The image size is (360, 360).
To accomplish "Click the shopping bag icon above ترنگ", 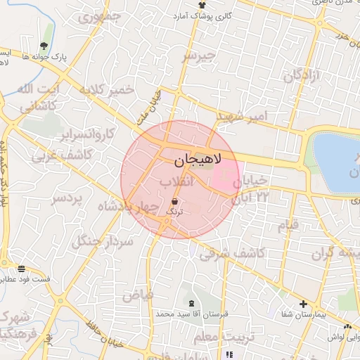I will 174,200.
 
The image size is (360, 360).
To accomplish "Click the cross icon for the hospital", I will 303,305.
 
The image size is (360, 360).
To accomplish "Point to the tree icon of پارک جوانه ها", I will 47,29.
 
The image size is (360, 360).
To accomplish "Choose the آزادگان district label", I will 302,75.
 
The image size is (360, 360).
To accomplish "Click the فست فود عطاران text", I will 26,280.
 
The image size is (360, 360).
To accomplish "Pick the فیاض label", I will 138,295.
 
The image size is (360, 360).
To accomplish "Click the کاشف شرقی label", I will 231,253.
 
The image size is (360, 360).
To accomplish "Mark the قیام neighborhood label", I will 288,225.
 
